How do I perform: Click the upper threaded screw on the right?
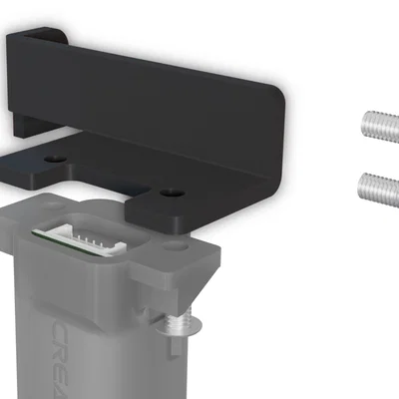[379, 127]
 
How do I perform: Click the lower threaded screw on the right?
[379, 187]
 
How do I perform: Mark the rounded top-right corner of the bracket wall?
[277, 95]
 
